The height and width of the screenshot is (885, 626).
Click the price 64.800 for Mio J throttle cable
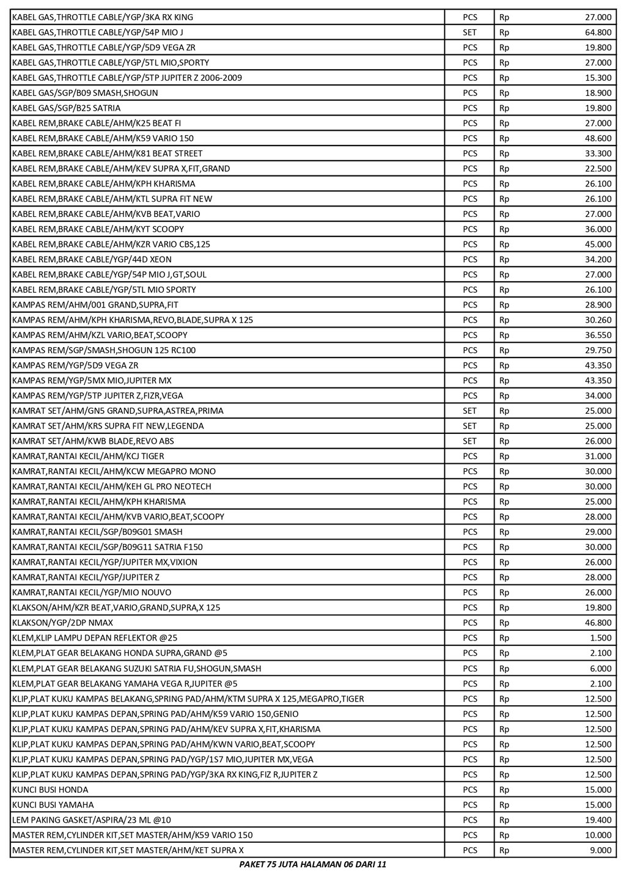pos(598,32)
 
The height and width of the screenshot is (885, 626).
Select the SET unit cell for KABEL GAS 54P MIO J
pos(469,32)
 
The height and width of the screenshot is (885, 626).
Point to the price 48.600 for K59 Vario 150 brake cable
pos(598,138)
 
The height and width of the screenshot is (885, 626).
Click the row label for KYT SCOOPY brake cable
pos(98,229)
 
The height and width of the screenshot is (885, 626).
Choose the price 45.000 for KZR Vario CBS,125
pos(598,244)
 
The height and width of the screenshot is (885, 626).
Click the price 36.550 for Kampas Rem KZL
pos(598,335)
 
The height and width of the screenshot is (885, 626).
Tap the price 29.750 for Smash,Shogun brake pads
pos(598,350)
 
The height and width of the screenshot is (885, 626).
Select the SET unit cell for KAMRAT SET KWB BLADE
pos(469,441)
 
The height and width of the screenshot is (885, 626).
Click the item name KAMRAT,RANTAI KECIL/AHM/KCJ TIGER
pos(88,456)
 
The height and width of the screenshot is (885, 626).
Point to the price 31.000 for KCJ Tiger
pos(598,456)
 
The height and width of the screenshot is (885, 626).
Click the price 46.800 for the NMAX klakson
pos(598,623)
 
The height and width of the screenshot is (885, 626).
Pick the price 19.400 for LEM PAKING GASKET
pos(598,820)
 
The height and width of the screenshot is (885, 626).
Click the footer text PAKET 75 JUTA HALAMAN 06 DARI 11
pos(312,865)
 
